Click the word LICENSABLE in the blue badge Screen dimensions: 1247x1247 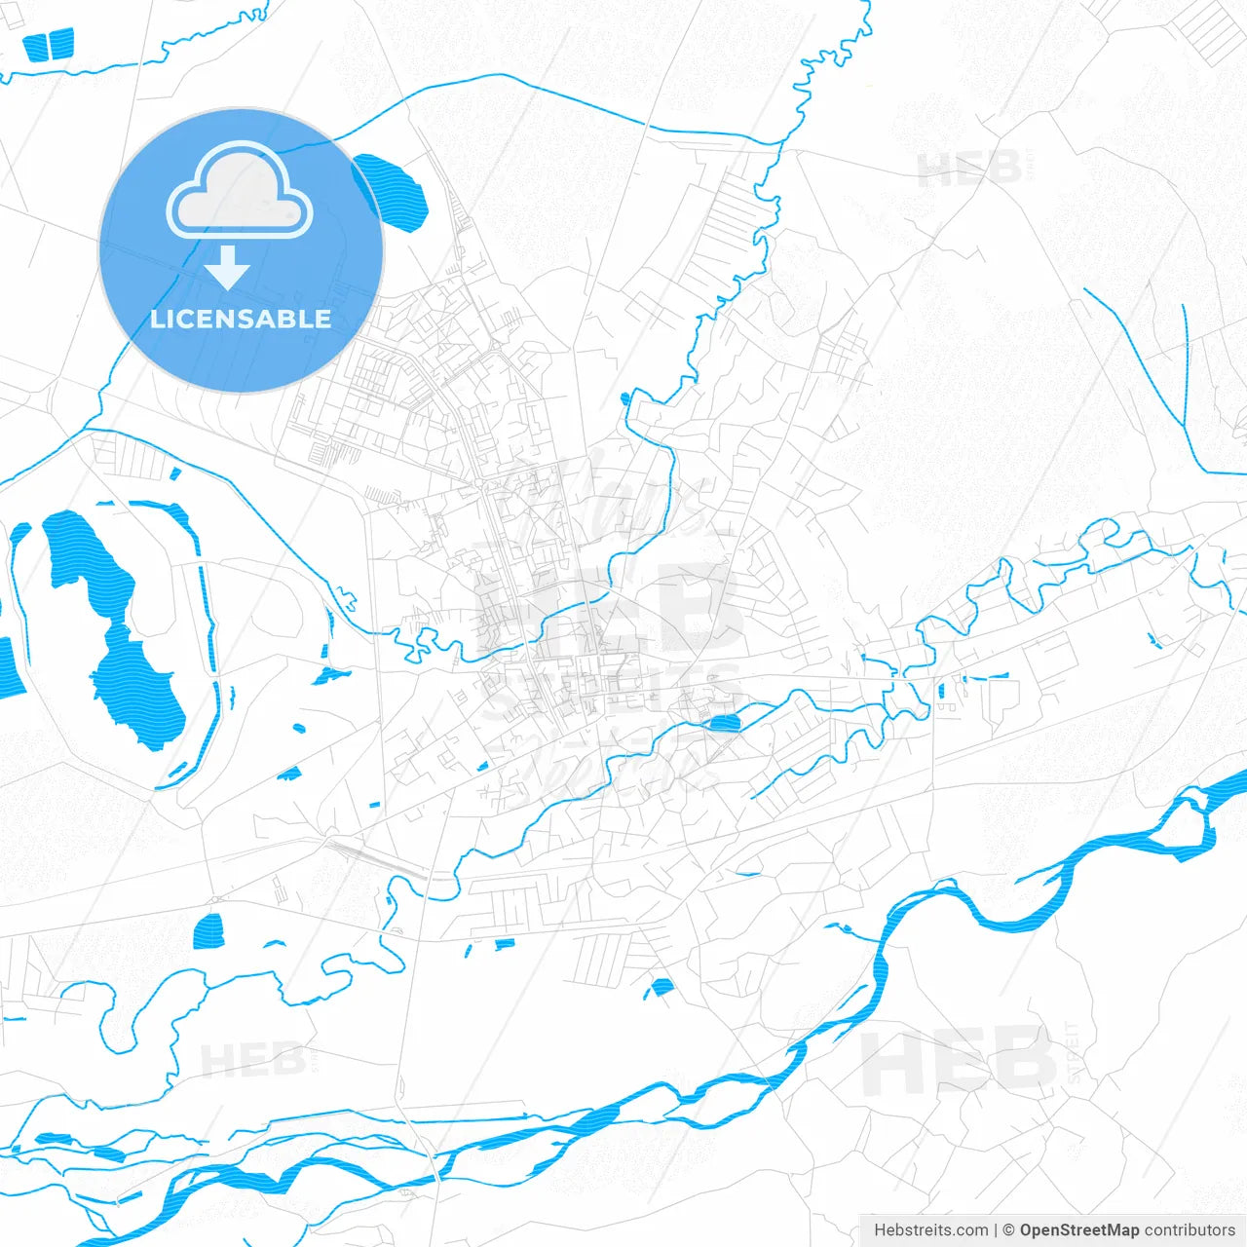(241, 319)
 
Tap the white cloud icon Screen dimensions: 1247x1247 (240, 191)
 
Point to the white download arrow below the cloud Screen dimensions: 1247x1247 (228, 267)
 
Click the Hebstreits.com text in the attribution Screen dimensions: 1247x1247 (930, 1230)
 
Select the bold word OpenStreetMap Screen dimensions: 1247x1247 (1079, 1230)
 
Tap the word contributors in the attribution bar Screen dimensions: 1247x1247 (1190, 1230)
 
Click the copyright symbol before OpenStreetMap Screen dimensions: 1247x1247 (1009, 1230)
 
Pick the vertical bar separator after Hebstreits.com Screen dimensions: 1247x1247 (996, 1230)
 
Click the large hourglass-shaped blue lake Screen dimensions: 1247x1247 (112, 623)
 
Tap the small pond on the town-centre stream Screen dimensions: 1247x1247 (723, 722)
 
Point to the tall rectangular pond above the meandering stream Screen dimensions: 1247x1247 (208, 931)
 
